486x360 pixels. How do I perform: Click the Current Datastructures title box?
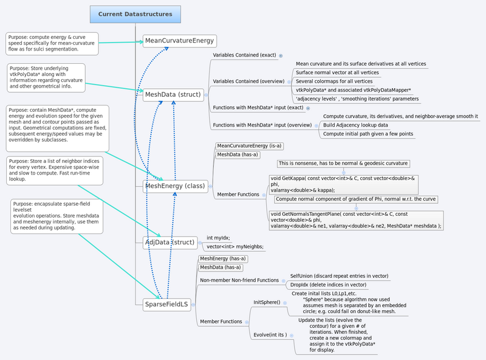coord(135,14)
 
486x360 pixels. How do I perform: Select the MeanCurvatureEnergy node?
coord(179,41)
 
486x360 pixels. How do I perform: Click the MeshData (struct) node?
coord(173,94)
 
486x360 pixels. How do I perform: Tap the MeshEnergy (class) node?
coord(175,185)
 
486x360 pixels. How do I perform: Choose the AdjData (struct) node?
coord(169,242)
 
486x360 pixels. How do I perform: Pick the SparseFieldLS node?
coord(166,303)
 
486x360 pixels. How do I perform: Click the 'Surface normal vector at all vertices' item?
coord(337,72)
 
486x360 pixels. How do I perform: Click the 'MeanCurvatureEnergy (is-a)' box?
coord(250,146)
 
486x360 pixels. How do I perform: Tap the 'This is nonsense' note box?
coord(343,164)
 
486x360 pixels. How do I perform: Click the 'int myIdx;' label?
coord(218,238)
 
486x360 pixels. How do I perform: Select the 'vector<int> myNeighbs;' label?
coord(235,246)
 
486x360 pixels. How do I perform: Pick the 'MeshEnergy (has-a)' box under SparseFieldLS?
coord(222,258)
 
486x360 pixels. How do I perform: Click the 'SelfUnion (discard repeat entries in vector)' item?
coord(338,276)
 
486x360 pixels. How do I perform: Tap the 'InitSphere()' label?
coord(267,302)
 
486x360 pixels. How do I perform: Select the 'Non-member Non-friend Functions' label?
coord(239,280)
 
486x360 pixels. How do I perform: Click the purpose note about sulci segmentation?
coord(51,43)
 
